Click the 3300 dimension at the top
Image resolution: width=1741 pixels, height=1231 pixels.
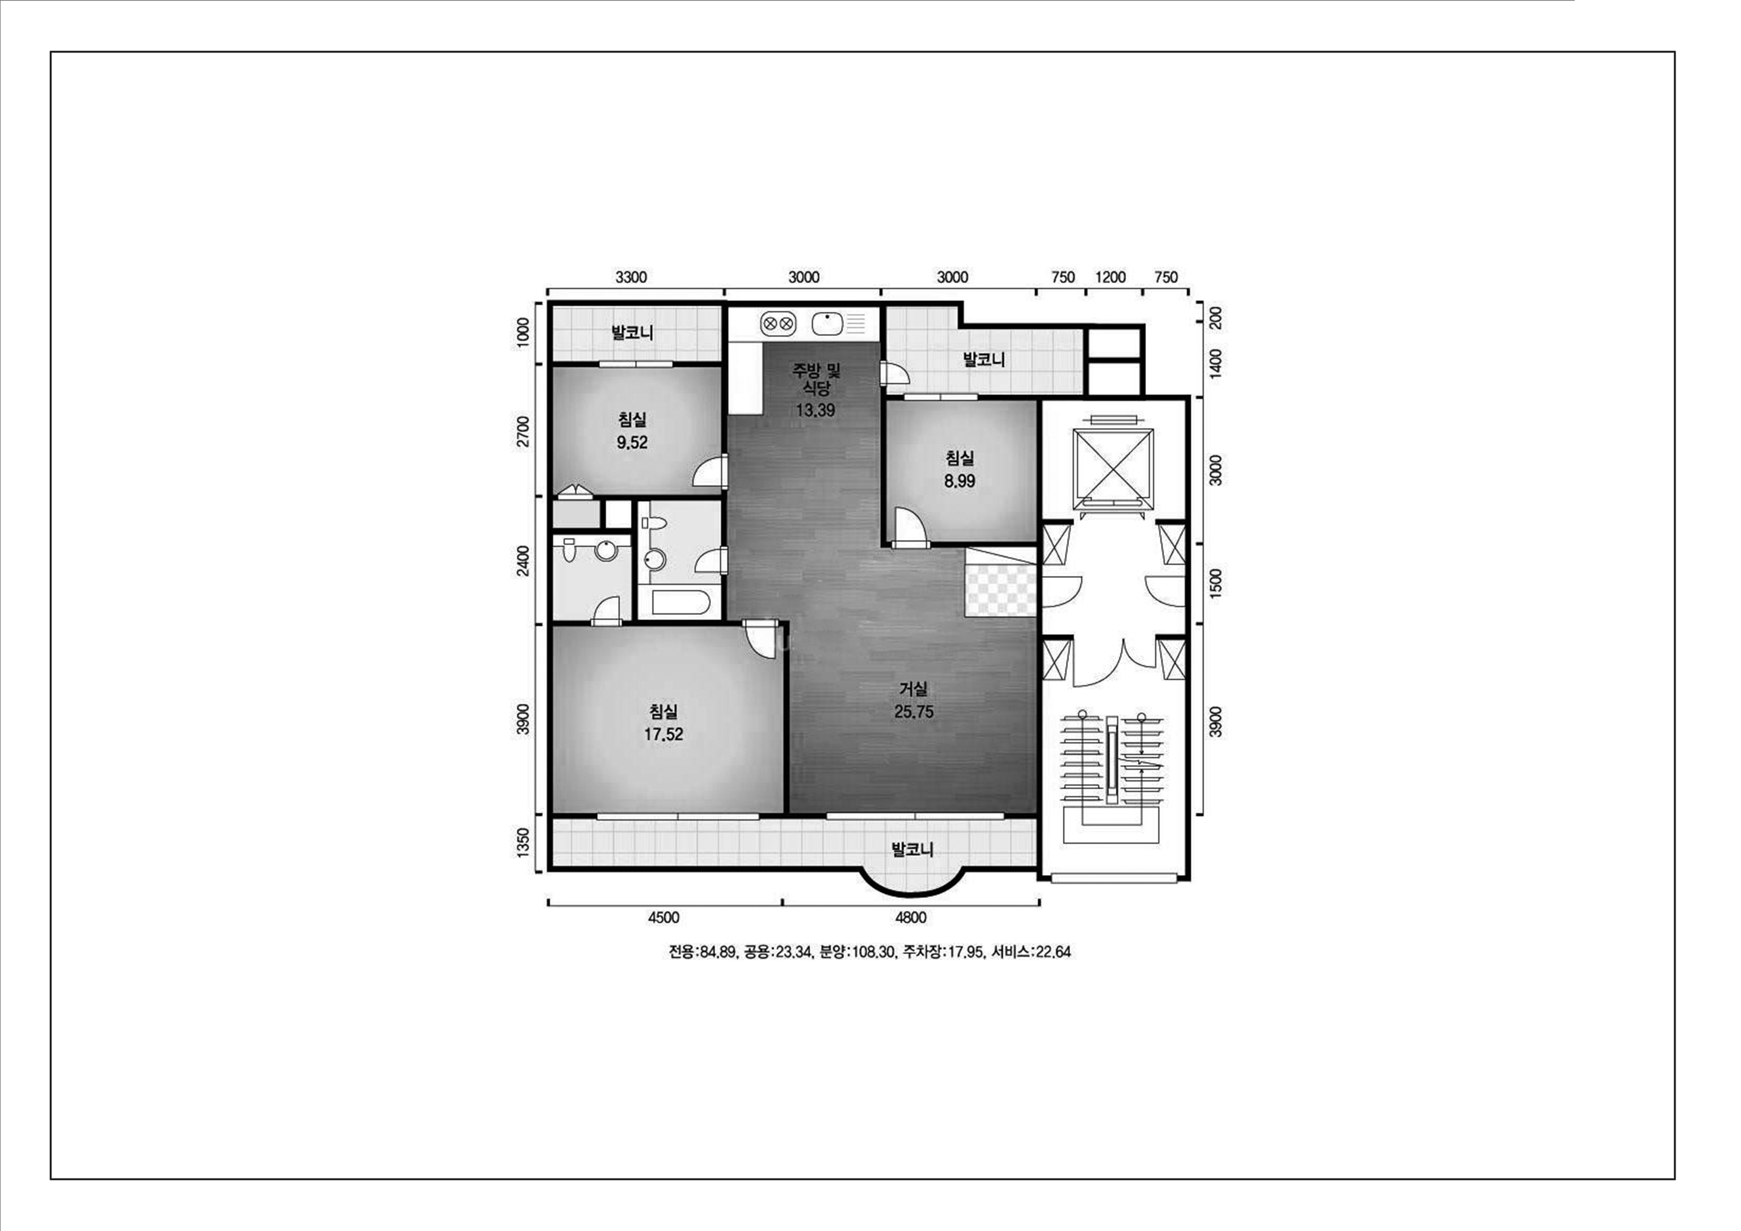pyautogui.click(x=631, y=278)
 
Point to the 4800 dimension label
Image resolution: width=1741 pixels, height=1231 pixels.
pyautogui.click(x=911, y=918)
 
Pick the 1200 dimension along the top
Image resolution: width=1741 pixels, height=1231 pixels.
pyautogui.click(x=1110, y=278)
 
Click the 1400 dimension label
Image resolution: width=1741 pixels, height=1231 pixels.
pyautogui.click(x=1216, y=365)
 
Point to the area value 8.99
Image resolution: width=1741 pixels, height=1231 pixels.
pyautogui.click(x=960, y=481)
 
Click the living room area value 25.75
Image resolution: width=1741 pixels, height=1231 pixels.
pyautogui.click(x=914, y=712)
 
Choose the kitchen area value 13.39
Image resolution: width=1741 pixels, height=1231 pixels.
pyautogui.click(x=816, y=410)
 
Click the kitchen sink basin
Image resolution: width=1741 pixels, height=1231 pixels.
pyautogui.click(x=827, y=324)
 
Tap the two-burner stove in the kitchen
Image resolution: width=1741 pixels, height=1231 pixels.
pyautogui.click(x=778, y=324)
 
